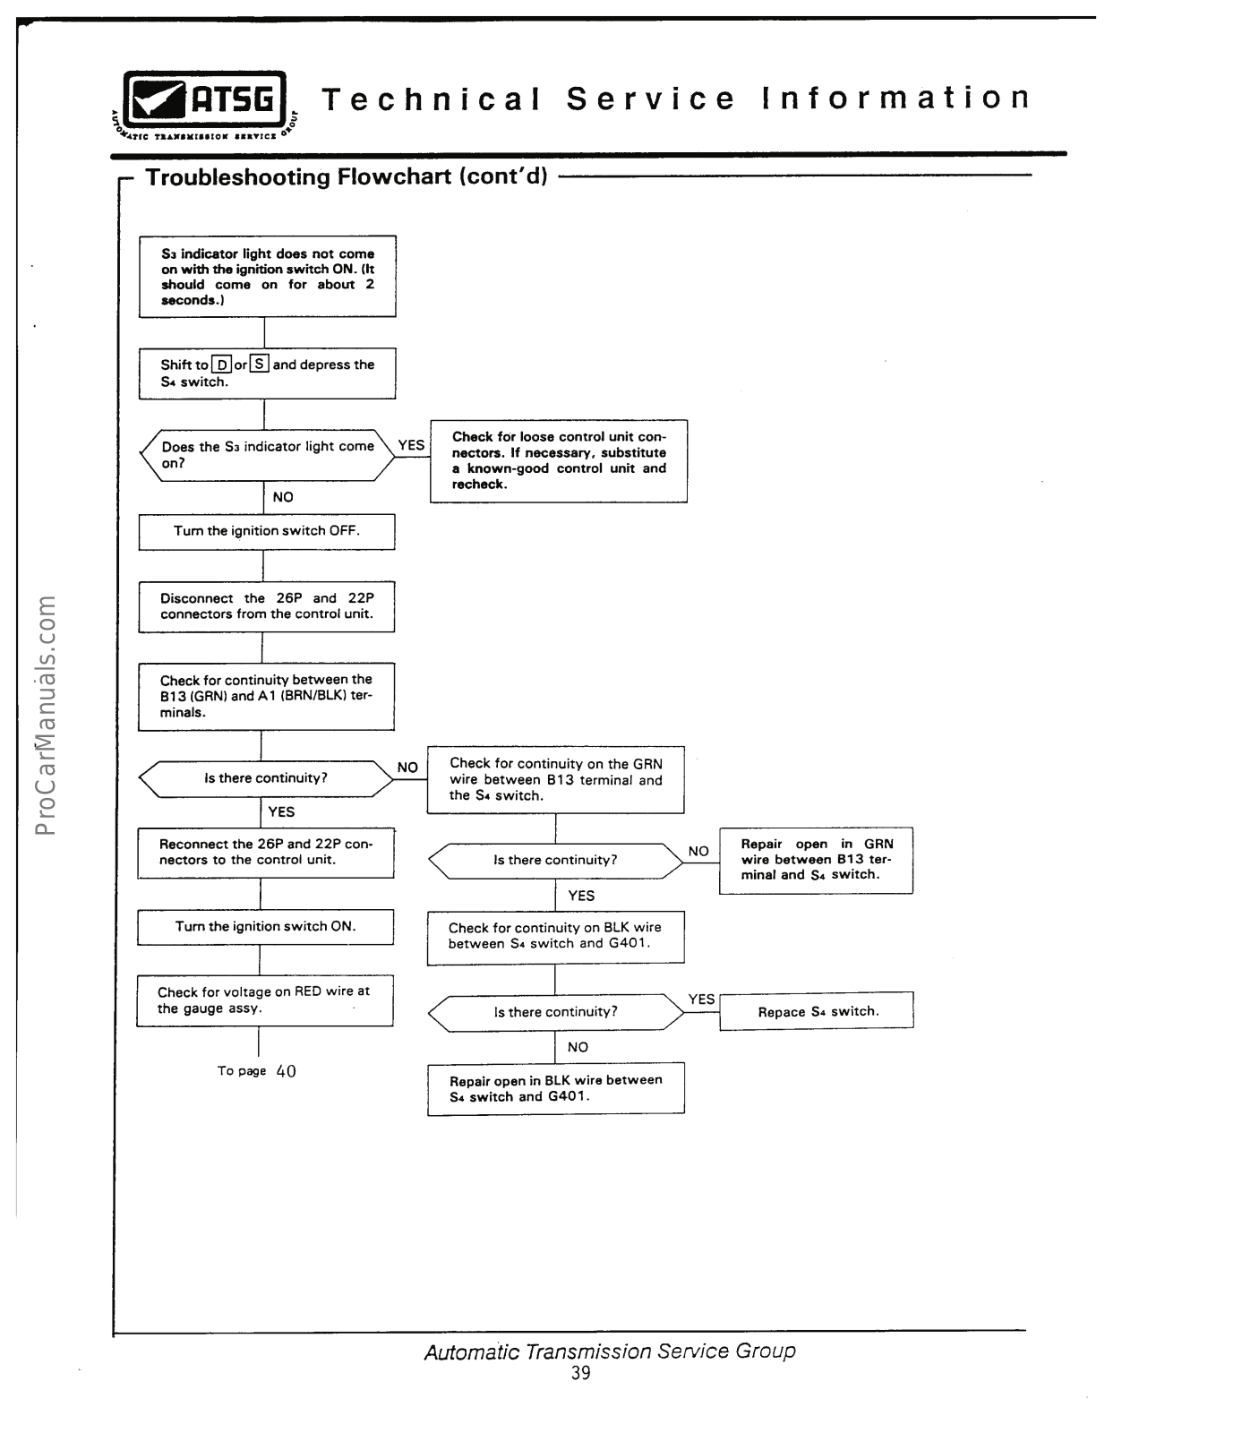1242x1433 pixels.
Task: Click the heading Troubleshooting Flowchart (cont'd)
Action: coord(347,176)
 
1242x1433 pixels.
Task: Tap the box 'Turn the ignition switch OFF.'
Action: coord(267,531)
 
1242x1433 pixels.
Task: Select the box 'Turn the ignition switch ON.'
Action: coord(265,927)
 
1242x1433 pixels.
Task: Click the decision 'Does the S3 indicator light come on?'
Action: coord(267,455)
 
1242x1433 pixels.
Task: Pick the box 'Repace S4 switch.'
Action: coord(817,1011)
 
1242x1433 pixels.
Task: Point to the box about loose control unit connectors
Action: coord(559,460)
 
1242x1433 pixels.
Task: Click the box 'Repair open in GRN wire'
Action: coord(816,860)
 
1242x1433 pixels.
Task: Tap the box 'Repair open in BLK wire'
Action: coord(555,1088)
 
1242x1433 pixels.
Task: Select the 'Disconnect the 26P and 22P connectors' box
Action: coord(267,606)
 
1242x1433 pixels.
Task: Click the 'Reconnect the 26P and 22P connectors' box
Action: coord(265,852)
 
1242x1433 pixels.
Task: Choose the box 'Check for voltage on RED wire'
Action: coord(264,1000)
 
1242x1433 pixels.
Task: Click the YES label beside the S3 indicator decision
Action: coord(411,445)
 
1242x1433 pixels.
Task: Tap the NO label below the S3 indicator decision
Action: coord(283,497)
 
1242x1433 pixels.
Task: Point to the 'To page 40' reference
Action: coord(257,1071)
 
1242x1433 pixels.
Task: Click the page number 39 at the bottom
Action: coord(581,1374)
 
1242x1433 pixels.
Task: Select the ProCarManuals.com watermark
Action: coord(46,714)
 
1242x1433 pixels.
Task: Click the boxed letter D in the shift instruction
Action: coord(222,365)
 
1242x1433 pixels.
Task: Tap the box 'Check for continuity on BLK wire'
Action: coord(555,936)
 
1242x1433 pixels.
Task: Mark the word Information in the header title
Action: coord(896,98)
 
